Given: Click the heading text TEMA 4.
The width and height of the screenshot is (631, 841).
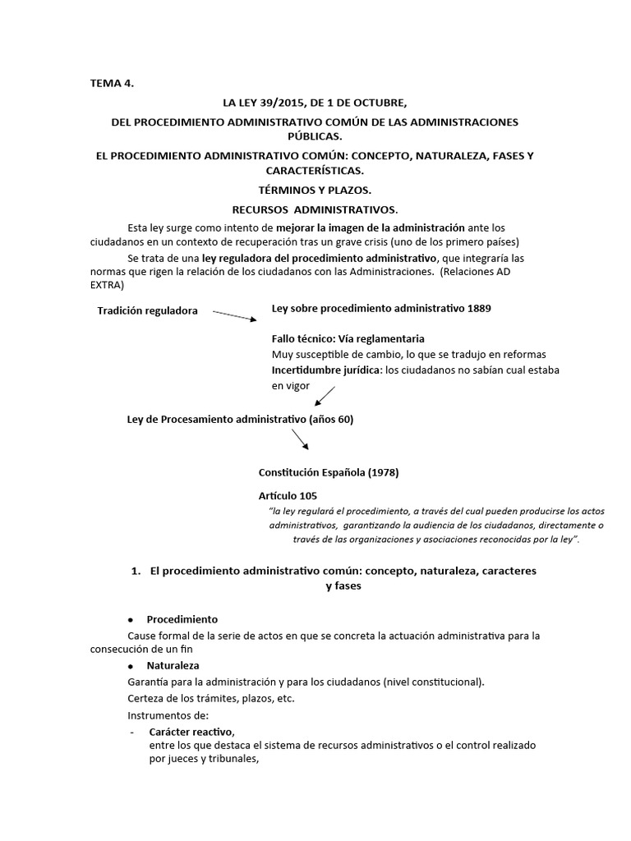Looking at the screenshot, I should tap(111, 83).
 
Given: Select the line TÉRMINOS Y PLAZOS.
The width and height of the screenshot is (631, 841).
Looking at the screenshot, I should tap(315, 190).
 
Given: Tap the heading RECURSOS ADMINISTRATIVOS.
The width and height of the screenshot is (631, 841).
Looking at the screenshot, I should tap(315, 209).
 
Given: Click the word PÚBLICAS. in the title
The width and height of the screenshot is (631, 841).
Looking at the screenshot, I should tap(315, 136).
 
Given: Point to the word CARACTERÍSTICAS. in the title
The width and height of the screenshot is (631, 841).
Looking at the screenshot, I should tap(315, 170).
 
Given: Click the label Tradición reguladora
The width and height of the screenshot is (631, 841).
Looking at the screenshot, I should tap(147, 310).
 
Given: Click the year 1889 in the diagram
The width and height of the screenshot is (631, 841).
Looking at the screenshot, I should tap(480, 308).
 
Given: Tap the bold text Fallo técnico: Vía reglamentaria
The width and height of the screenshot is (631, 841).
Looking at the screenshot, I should tap(348, 338).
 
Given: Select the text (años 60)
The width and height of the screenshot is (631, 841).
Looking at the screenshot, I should tap(330, 419).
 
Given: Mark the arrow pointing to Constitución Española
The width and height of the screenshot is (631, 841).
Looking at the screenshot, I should tap(300, 439).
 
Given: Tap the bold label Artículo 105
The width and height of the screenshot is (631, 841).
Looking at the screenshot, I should tap(288, 496).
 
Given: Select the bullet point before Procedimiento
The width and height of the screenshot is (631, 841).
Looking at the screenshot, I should tap(131, 618).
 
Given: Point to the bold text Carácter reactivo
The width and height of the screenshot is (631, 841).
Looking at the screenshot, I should tap(191, 731).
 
